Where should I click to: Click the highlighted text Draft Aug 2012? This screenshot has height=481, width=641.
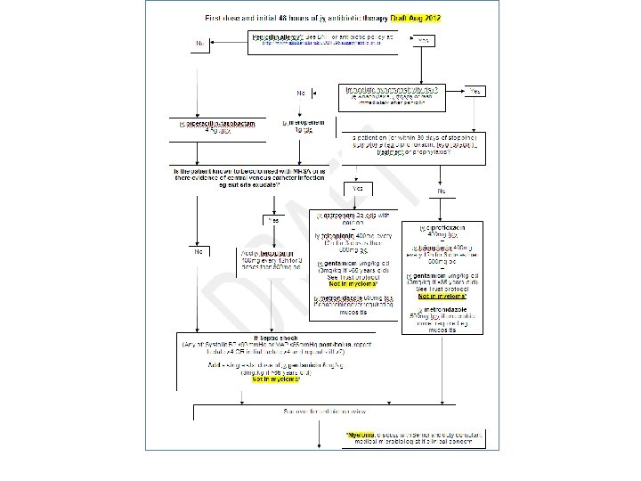click(422, 18)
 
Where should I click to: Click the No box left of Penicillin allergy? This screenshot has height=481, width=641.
click(199, 42)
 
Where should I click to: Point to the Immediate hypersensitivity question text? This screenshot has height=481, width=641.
click(393, 89)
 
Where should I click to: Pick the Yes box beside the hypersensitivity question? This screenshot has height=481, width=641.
click(477, 92)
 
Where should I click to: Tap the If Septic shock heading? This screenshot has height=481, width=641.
click(267, 337)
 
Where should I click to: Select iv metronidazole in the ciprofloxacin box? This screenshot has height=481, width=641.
click(435, 308)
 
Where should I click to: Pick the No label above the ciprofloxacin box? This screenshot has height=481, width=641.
click(441, 192)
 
